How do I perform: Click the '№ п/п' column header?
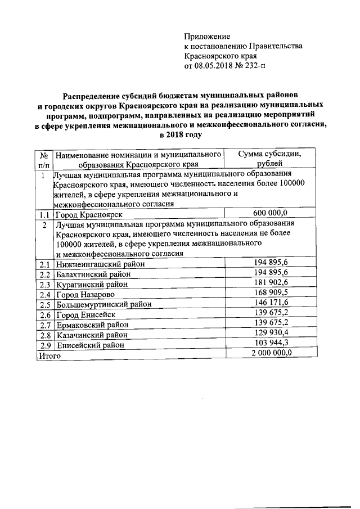click(x=43, y=159)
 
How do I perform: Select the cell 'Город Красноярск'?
click(x=89, y=214)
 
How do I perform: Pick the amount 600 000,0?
click(x=270, y=213)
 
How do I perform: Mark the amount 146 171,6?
click(x=271, y=303)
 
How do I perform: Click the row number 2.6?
click(x=44, y=316)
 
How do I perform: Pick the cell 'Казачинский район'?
click(x=92, y=336)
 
